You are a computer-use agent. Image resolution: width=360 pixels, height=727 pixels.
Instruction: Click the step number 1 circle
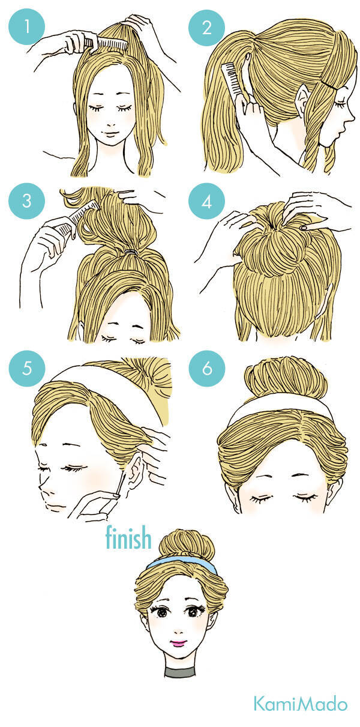click(x=26, y=26)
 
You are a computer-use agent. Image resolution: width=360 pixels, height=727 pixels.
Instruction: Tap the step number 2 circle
click(x=206, y=27)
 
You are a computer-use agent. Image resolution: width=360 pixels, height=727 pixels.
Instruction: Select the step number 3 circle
click(x=26, y=201)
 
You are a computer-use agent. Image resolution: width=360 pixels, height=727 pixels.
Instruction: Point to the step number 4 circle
click(x=206, y=201)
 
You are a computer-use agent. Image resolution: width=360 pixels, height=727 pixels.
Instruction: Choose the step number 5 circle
click(x=27, y=369)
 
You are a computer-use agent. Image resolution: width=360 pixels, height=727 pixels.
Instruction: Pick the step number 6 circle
click(x=207, y=369)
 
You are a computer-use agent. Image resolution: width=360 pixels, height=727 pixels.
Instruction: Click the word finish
click(x=128, y=537)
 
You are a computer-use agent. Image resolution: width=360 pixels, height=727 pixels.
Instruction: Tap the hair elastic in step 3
click(x=132, y=252)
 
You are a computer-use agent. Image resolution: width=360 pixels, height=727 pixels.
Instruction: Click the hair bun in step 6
click(x=286, y=377)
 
